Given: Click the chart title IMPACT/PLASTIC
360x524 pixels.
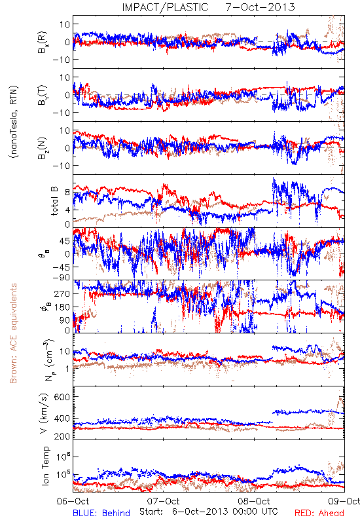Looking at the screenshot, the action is point(165,7).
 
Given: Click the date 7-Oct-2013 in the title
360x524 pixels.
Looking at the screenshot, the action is point(260,7).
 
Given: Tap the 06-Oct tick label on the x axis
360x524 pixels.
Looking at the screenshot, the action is point(73,501).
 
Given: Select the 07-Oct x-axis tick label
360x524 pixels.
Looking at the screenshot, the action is point(163,501).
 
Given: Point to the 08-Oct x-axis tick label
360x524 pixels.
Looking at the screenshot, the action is point(254,501).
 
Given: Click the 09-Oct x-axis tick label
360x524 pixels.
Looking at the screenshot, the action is point(344,501).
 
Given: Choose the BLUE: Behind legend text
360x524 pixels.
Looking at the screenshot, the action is point(101,513).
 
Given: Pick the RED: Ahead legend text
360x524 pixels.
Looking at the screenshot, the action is point(319,513).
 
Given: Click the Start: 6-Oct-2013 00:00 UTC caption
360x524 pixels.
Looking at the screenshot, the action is point(209,512).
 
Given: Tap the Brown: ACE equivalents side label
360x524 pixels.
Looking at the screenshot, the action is point(13,333).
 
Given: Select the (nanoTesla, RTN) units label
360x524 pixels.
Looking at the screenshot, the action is point(14,122).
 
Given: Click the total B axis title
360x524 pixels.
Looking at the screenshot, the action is point(54,200).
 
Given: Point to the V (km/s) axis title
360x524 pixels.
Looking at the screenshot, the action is point(44,413).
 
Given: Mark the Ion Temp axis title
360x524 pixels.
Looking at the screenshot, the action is point(45,466).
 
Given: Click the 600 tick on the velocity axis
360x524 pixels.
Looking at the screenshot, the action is point(62,397).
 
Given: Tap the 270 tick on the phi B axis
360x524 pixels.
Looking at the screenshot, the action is point(62,293).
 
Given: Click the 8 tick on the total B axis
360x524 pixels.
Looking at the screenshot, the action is point(67,192).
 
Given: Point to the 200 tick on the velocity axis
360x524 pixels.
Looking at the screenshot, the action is point(62,436).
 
